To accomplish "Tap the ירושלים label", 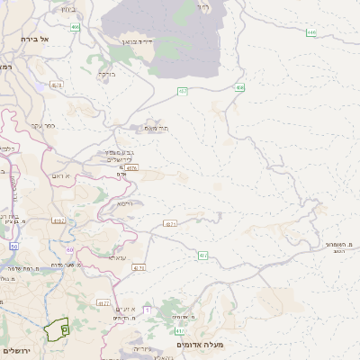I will click(x=16, y=350).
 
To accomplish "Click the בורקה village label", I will click(x=107, y=74).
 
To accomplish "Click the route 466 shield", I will click(x=76, y=28).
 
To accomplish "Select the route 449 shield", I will click(x=310, y=32).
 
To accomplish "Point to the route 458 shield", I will click(x=239, y=87).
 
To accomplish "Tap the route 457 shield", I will click(x=183, y=91).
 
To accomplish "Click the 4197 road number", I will click(x=59, y=220).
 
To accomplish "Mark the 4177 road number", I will click(x=103, y=303).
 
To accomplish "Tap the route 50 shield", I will click(x=13, y=245).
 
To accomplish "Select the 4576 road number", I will click(x=132, y=166).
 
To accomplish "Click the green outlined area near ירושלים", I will click(x=58, y=329).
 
